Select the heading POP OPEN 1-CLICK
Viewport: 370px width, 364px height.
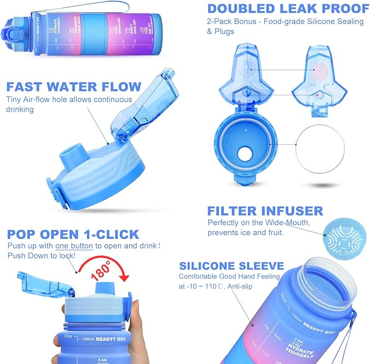pyautogui.click(x=73, y=235)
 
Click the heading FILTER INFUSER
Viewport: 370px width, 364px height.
pyautogui.click(x=265, y=211)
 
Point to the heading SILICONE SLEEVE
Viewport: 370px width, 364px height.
pyautogui.click(x=232, y=266)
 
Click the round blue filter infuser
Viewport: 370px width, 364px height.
pyautogui.click(x=341, y=235)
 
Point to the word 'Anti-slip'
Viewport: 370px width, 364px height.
pyautogui.click(x=250, y=286)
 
